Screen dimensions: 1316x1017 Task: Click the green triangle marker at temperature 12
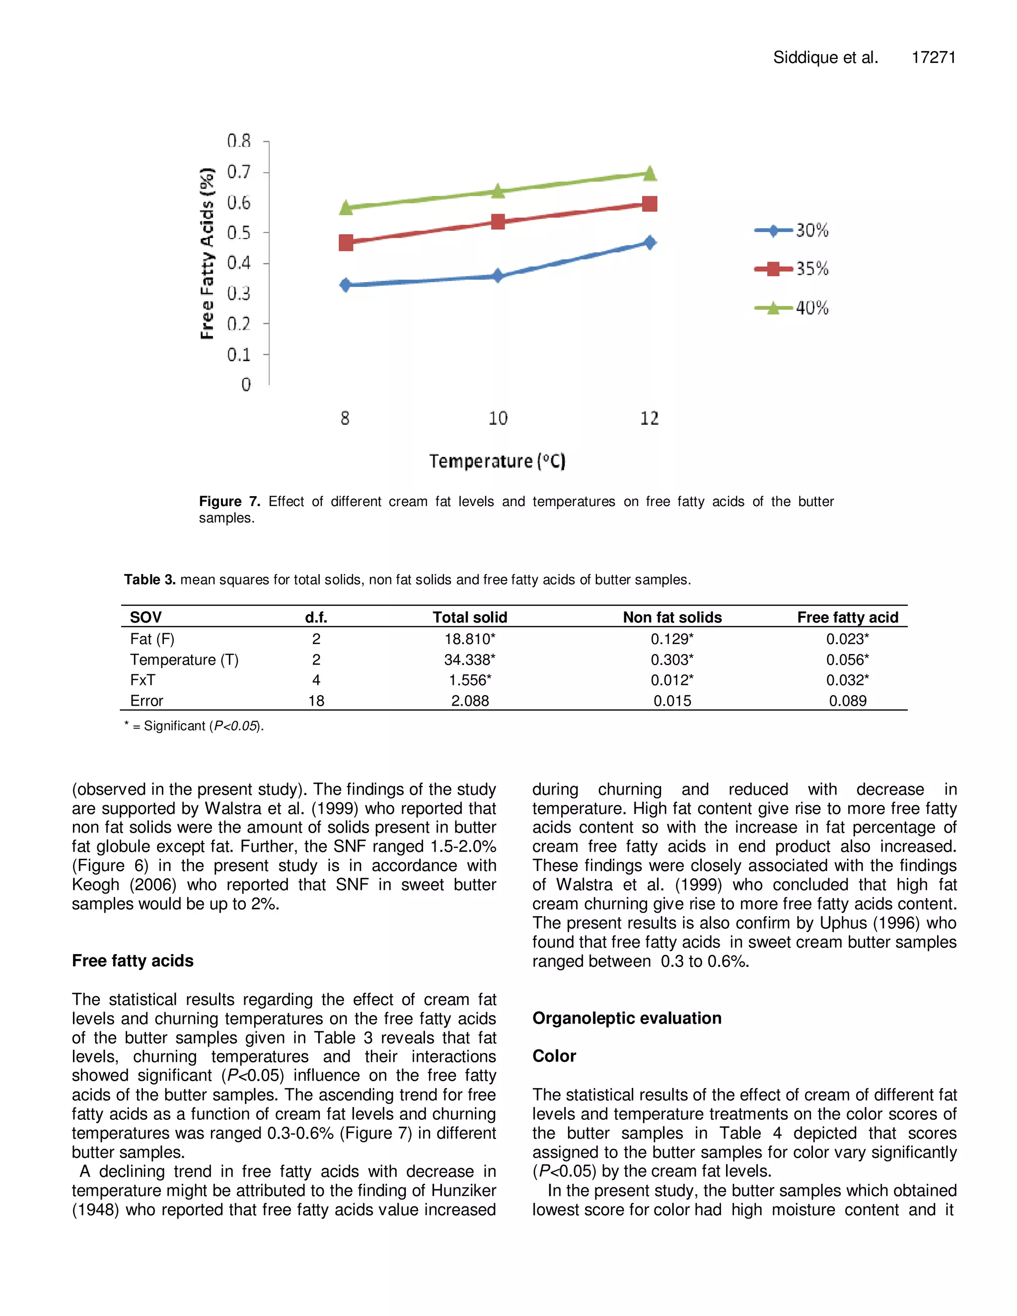pos(650,173)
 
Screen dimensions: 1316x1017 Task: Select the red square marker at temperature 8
pos(346,243)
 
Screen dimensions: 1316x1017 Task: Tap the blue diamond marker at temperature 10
pos(498,276)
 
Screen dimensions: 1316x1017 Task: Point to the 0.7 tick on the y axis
pos(238,172)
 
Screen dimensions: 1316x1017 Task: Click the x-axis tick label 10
pos(498,418)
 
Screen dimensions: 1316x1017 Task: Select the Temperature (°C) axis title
pos(497,461)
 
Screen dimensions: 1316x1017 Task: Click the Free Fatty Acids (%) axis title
pos(207,253)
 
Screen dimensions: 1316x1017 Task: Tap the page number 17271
pos(933,58)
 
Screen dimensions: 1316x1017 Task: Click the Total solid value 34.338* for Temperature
pos(469,660)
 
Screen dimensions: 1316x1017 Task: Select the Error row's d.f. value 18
pos(316,701)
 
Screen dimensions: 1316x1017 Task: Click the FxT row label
pos(143,680)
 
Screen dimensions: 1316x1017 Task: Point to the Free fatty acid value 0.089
pos(847,701)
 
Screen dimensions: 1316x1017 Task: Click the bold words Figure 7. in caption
pos(229,502)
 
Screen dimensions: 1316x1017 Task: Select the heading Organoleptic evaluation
pos(627,1019)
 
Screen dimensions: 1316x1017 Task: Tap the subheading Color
pos(554,1056)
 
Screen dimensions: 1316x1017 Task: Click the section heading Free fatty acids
pos(133,961)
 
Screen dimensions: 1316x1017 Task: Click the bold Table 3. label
pos(149,580)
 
